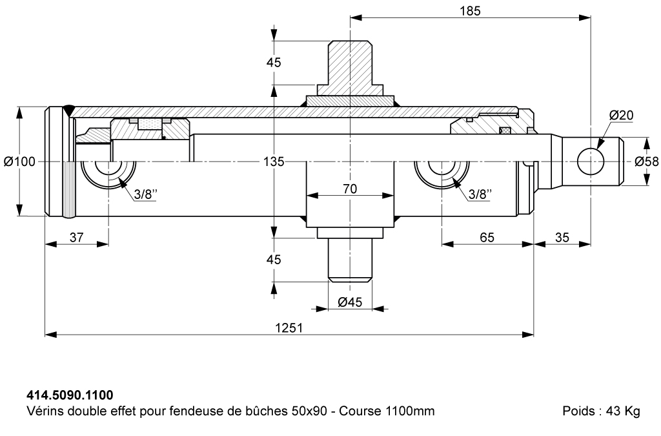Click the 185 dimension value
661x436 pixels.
(470, 10)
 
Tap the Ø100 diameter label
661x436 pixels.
(20, 161)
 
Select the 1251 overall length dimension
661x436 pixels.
(289, 327)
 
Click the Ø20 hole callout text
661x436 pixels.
(622, 115)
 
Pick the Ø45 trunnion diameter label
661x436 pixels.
(350, 302)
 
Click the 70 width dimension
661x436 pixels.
(350, 189)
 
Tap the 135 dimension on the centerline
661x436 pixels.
(274, 161)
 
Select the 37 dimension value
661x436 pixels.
(76, 238)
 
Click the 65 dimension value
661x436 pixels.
(487, 238)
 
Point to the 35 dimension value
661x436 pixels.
(562, 238)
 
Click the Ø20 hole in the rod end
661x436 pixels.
(591, 161)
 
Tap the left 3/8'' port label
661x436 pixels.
(145, 194)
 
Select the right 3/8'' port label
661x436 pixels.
(480, 194)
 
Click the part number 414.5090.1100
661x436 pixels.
(70, 395)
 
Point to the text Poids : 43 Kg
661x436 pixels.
(601, 411)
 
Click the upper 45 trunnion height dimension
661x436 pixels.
(274, 63)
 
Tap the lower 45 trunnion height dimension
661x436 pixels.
(274, 259)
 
